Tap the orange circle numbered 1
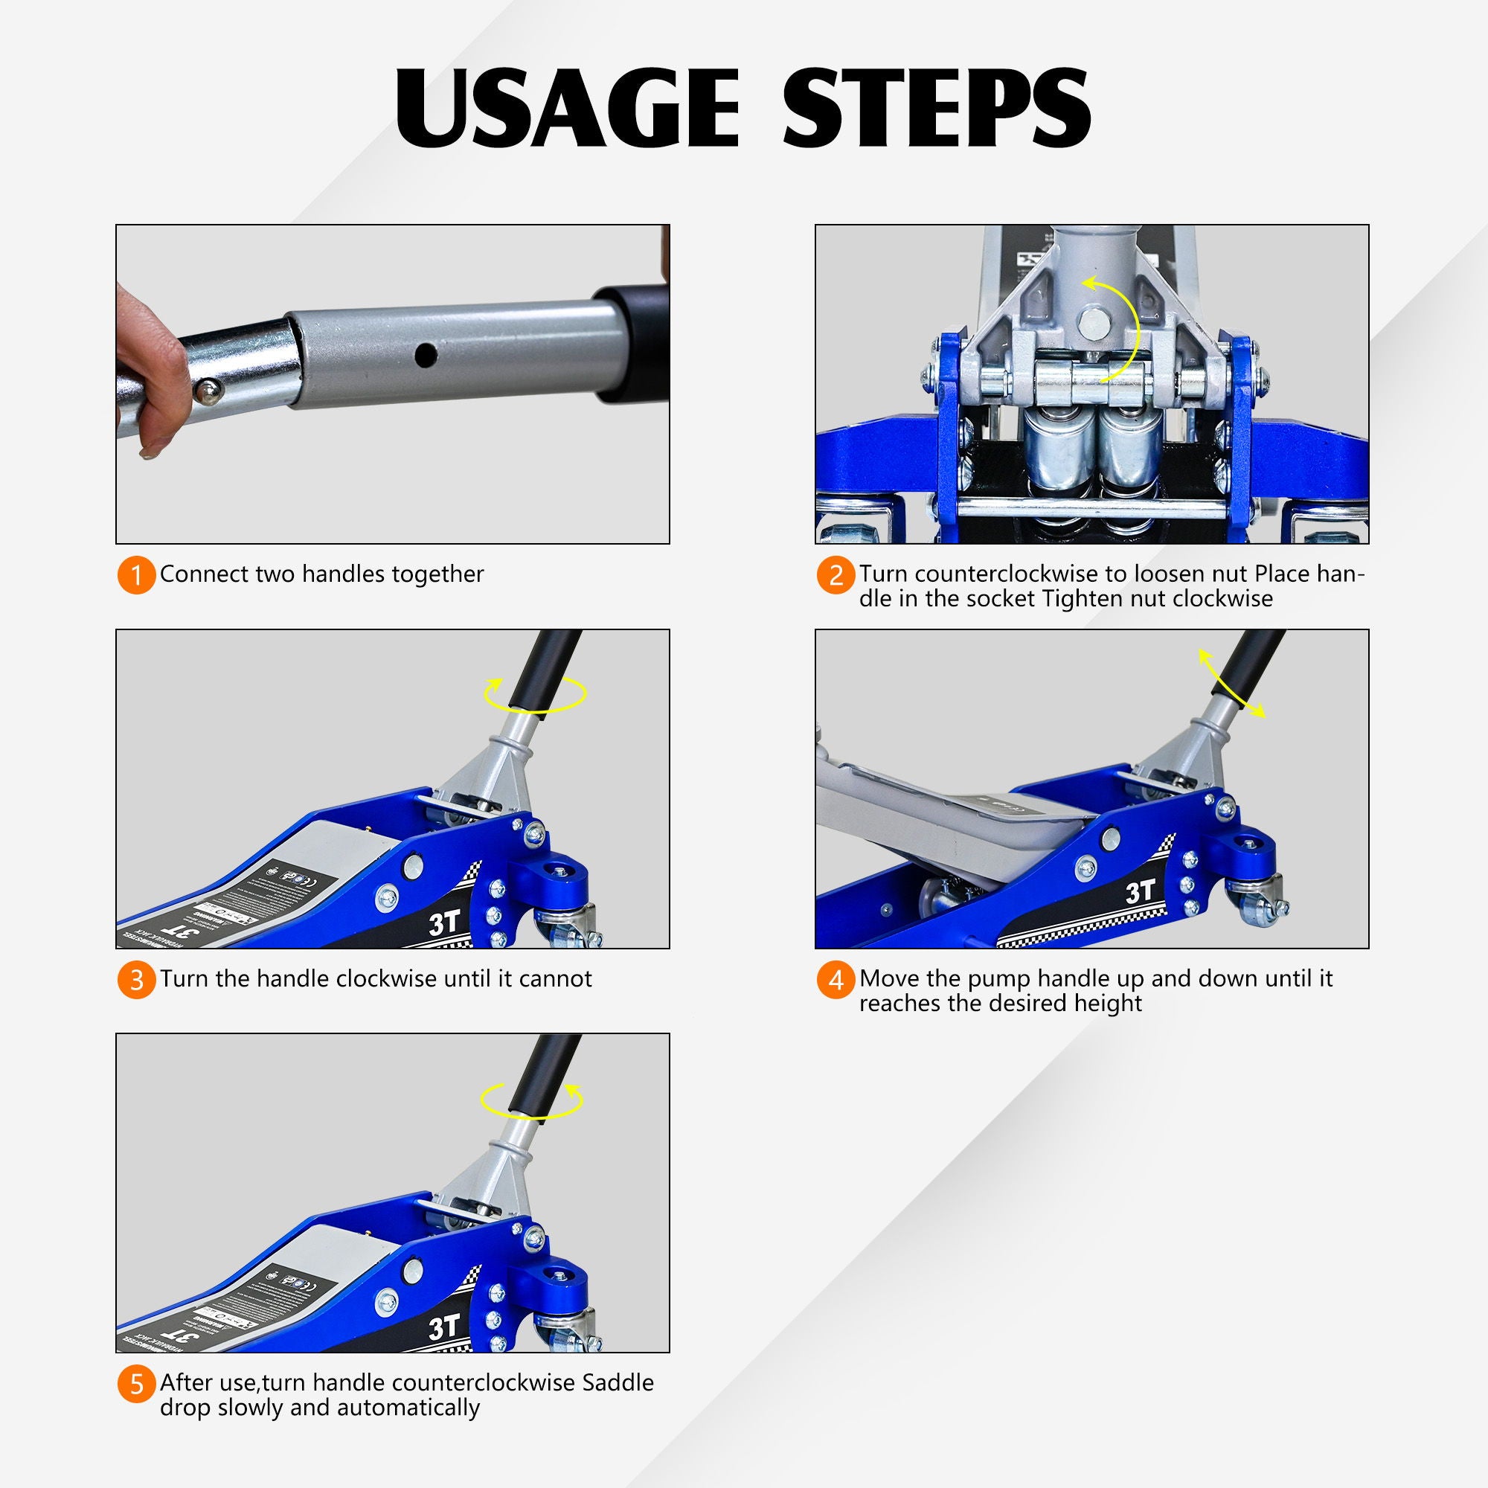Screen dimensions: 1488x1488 (x=136, y=575)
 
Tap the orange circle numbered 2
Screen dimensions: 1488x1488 (x=836, y=575)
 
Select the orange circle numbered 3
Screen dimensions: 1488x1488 (x=136, y=980)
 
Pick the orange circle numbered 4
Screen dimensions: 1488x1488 (x=836, y=981)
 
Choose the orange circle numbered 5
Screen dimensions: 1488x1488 (x=136, y=1384)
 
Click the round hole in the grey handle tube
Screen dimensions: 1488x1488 (x=425, y=355)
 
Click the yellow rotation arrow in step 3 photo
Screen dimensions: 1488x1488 (x=534, y=695)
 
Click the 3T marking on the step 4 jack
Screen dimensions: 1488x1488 (x=1141, y=892)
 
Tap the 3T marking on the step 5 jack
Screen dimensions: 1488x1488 (x=444, y=1327)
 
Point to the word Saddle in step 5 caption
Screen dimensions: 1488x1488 (x=617, y=1382)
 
